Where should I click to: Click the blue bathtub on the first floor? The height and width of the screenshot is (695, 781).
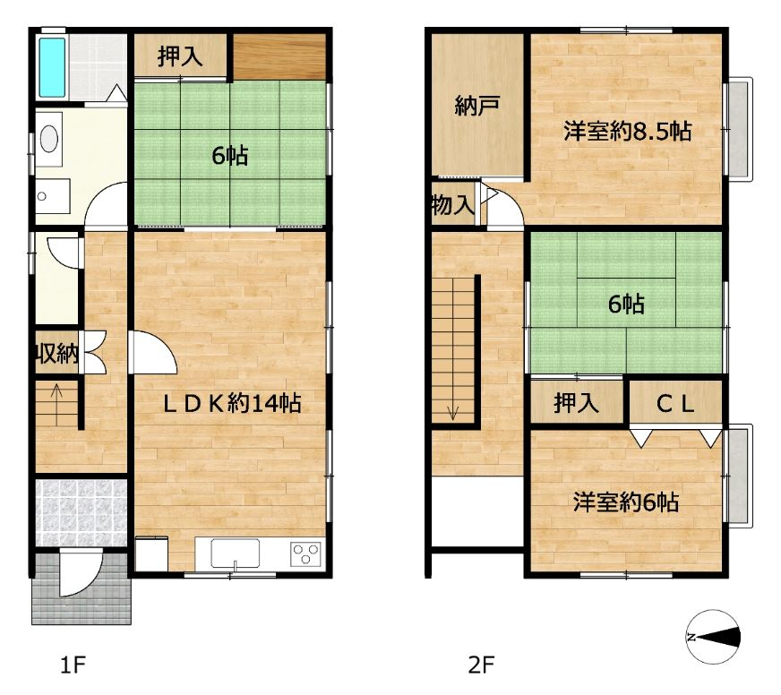coord(52,67)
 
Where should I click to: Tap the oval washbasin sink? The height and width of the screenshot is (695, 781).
coord(48,138)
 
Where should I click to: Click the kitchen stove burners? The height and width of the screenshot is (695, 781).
coord(305,553)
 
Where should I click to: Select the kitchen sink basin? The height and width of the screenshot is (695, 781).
coord(235,553)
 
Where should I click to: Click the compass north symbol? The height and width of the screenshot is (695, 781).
coord(713,637)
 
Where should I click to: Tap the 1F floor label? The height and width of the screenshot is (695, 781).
coord(73,665)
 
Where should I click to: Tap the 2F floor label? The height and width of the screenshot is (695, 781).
coord(481,665)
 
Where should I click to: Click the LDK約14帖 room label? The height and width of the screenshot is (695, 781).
coord(232,403)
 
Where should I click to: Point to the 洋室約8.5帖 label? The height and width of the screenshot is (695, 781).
coord(627,132)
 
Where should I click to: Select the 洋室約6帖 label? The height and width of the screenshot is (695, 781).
coord(625,502)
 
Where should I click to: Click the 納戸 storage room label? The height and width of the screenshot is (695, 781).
coord(477,106)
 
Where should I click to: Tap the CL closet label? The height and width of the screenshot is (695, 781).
coord(675,404)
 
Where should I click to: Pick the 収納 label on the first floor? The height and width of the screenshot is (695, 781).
coord(56,354)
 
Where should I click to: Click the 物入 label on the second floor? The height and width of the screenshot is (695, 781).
coord(452,204)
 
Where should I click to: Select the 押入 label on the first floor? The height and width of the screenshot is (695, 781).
coord(180,56)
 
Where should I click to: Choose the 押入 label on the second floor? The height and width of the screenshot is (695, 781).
coord(576,403)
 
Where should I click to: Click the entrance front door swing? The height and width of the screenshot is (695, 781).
coord(81,573)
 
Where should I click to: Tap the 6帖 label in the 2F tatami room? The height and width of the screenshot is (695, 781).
coord(626,304)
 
